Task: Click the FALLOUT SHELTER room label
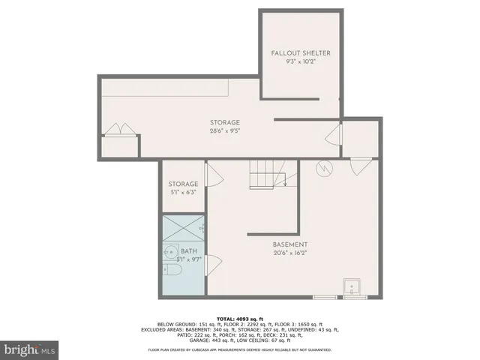(x=300, y=53)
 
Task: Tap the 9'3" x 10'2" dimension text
(x=300, y=62)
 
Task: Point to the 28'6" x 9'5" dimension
(x=225, y=131)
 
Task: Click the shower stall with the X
(x=183, y=228)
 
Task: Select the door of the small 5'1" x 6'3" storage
(x=213, y=176)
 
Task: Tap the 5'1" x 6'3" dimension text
(x=183, y=193)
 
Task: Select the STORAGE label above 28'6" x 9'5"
(x=225, y=122)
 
